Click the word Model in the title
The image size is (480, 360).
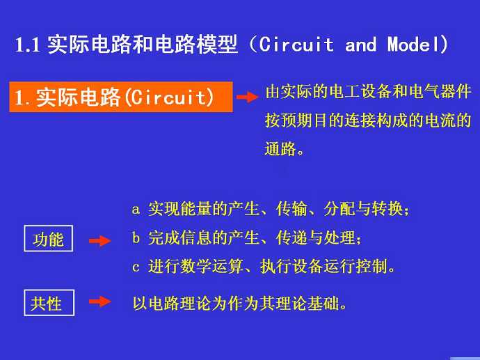click(x=414, y=45)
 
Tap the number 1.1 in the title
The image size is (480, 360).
click(x=28, y=45)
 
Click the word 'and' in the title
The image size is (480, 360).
click(x=360, y=45)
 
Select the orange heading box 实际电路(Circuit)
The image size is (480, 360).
click(x=121, y=97)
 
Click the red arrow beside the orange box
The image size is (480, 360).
click(x=248, y=97)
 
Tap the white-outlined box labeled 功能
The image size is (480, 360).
click(x=49, y=238)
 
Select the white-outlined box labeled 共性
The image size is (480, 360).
click(x=49, y=303)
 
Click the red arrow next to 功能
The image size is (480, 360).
click(x=99, y=240)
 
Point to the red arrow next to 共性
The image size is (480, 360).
click(x=99, y=302)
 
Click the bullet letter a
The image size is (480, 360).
click(x=136, y=210)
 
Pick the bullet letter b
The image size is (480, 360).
click(x=136, y=237)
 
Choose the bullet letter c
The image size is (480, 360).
click(x=136, y=267)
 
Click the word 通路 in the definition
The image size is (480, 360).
click(x=280, y=148)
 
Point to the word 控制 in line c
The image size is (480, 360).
click(x=371, y=266)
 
